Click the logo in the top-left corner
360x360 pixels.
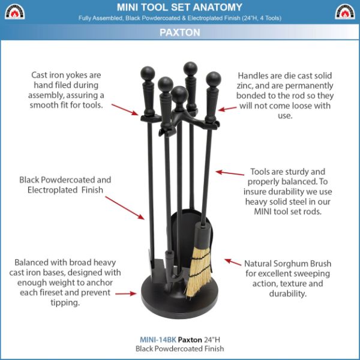coord(14,11)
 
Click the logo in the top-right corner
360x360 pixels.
coord(344,11)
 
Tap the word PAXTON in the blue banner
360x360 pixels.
coord(180,33)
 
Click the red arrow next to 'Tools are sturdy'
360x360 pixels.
coord(230,173)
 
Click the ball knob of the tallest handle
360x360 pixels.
coord(191,67)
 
